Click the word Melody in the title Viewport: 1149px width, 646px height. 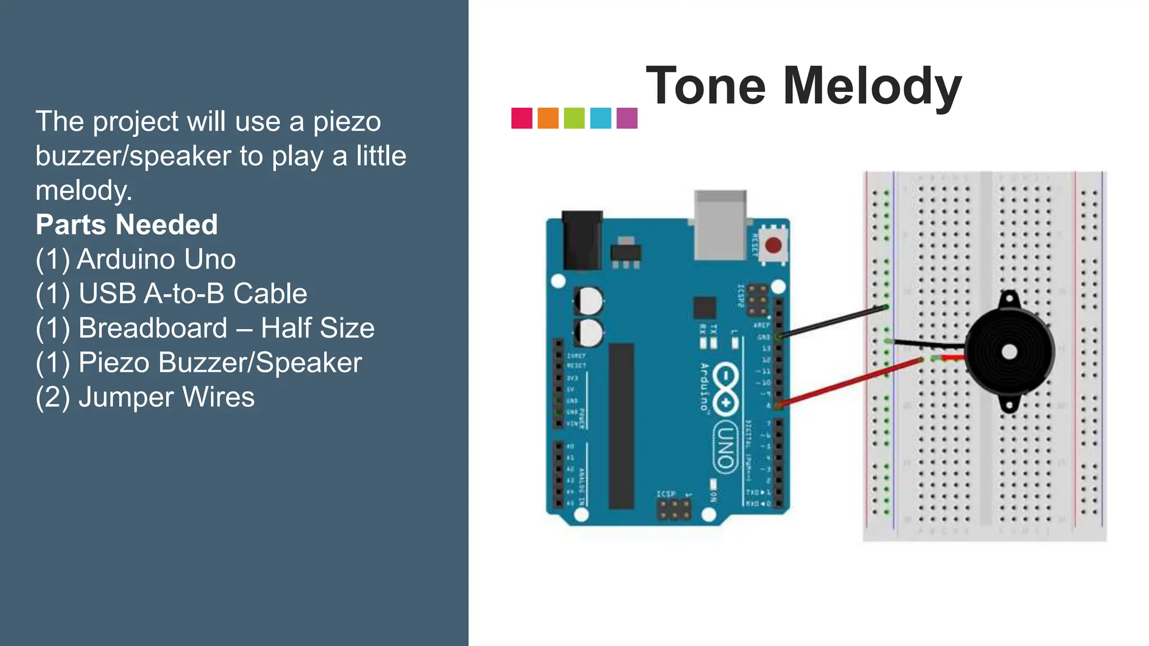(x=872, y=86)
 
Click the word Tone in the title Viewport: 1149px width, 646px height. (x=706, y=86)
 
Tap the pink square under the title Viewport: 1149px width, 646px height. (x=522, y=118)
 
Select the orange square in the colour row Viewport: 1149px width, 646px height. (x=548, y=118)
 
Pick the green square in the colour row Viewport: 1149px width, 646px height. (x=574, y=118)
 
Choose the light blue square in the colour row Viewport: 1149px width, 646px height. (x=600, y=118)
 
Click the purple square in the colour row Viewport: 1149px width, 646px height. (x=627, y=118)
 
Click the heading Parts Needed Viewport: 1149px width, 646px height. (x=127, y=225)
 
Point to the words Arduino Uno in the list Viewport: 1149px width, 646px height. (x=156, y=259)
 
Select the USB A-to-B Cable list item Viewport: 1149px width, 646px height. (x=172, y=294)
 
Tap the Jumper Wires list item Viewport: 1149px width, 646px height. (x=145, y=397)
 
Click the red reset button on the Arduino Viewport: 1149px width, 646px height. (x=773, y=245)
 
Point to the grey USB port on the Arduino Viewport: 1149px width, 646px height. (x=720, y=224)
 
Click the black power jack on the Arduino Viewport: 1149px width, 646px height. (x=582, y=239)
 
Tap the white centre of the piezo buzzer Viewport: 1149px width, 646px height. (x=1009, y=352)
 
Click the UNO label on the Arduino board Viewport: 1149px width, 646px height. (x=725, y=447)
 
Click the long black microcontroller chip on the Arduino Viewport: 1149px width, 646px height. (x=621, y=426)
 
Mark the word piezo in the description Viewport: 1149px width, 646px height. (x=347, y=122)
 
